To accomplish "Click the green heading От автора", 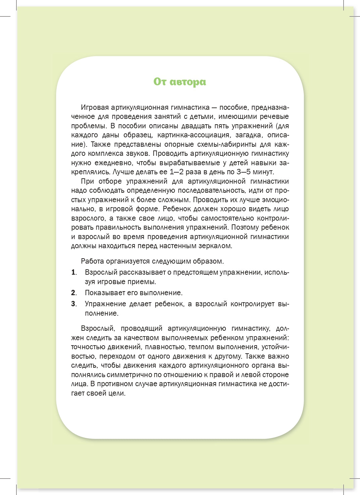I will [x=179, y=82].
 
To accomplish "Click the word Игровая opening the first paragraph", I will [x=95, y=107].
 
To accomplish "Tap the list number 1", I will [x=73, y=272].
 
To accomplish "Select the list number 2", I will [x=73, y=293].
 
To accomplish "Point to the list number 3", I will [x=73, y=304].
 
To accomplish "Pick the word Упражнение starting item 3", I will [x=104, y=304].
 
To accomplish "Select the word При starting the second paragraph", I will [x=87, y=181].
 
